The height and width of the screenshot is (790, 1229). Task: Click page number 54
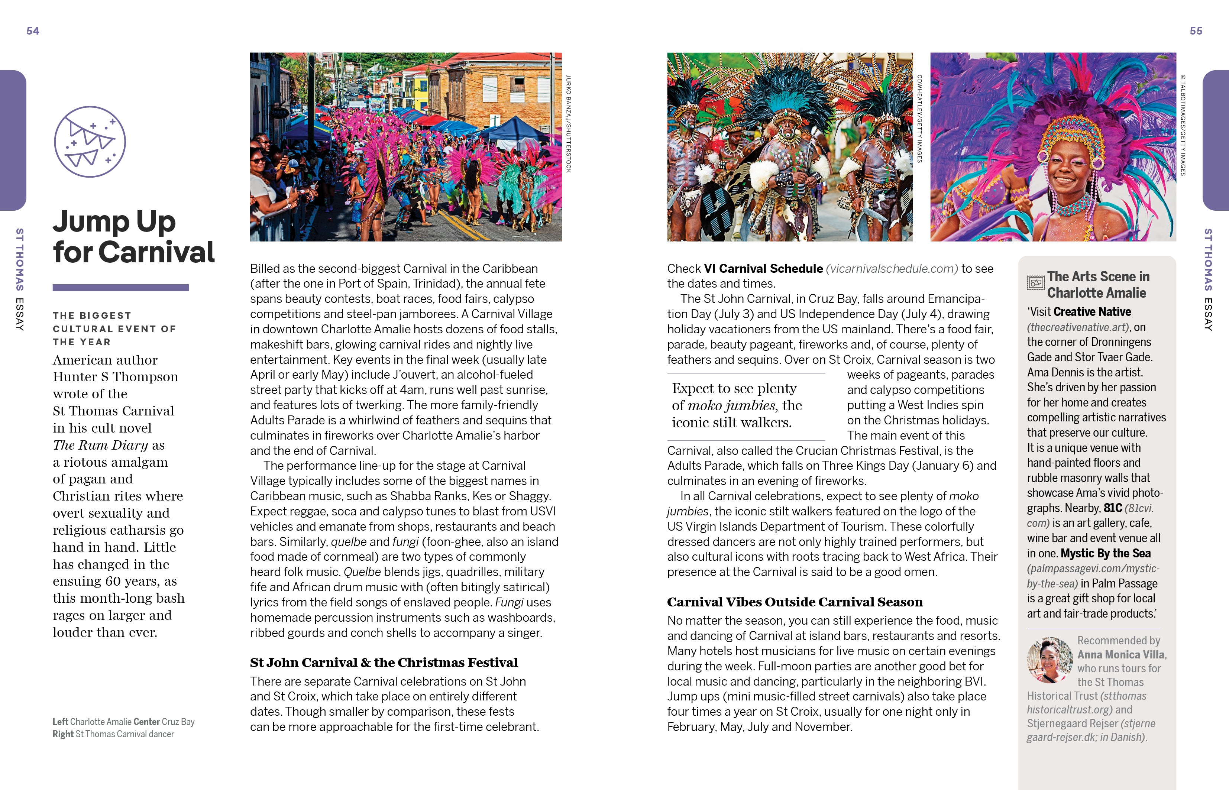point(33,31)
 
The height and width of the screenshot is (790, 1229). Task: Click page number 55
point(1196,31)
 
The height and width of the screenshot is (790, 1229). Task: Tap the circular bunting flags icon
point(90,142)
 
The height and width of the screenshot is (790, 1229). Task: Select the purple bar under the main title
point(120,288)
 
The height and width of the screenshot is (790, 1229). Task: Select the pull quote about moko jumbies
point(737,405)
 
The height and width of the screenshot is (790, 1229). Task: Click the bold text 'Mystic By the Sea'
point(1105,554)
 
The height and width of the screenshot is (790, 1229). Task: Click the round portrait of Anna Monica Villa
point(1049,660)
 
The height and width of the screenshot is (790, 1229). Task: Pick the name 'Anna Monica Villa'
point(1121,655)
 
